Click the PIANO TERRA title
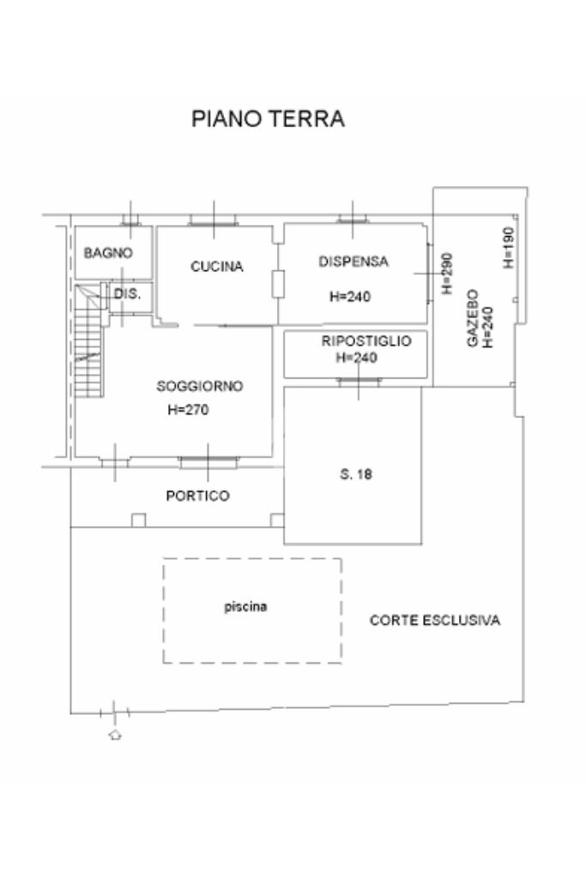[x=268, y=119]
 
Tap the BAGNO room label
[x=108, y=253]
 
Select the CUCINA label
[x=216, y=267]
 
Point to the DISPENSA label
[x=353, y=262]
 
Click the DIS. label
[x=127, y=294]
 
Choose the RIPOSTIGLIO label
[x=366, y=341]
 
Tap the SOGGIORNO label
[x=200, y=386]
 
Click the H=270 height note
[x=188, y=410]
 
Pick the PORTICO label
[x=197, y=496]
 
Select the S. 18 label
[x=356, y=474]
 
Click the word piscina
[x=245, y=607]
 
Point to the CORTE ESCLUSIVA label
[x=434, y=621]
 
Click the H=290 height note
[x=446, y=274]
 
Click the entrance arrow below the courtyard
[x=114, y=735]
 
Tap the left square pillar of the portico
[x=138, y=519]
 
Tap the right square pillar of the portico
[x=277, y=519]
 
